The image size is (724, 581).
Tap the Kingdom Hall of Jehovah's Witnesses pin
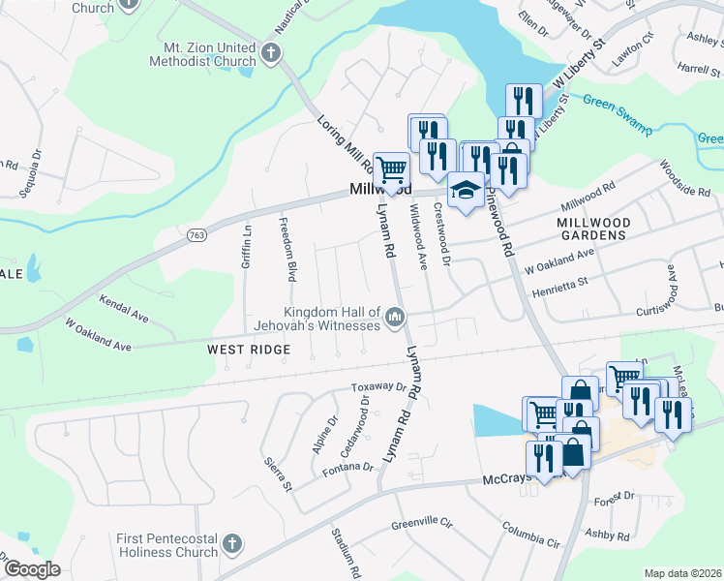click(x=395, y=317)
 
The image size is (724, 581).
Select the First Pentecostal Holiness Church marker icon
click(x=231, y=544)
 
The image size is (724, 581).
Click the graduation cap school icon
click(x=466, y=188)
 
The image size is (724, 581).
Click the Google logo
click(x=32, y=568)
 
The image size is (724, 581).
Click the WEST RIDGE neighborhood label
click(x=249, y=348)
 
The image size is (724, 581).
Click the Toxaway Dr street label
click(x=378, y=387)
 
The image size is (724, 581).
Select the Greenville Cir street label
click(x=422, y=524)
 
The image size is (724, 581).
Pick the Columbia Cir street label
click(x=530, y=535)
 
